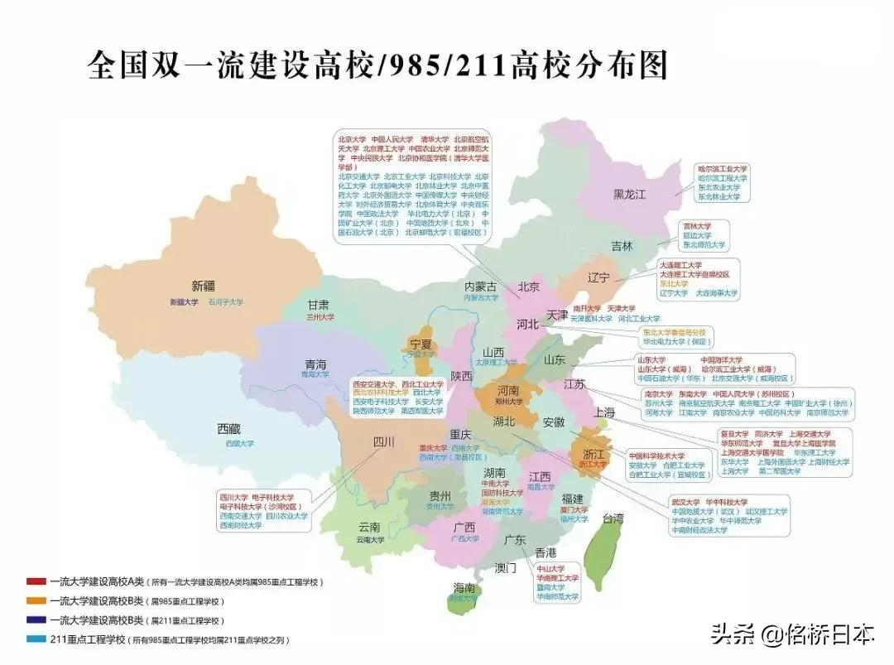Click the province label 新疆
pos(204,287)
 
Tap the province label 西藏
pos(228,429)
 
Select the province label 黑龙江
pos(629,195)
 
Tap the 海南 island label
pos(464,588)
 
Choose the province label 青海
pos(315,364)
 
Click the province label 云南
pos(370,528)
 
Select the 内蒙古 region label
pos(481,287)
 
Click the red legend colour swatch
pos(36,582)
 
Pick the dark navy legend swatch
pos(36,620)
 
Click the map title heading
pos(377,65)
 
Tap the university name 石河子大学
pos(225,303)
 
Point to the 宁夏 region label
pos(421,344)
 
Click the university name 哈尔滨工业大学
pos(722,168)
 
